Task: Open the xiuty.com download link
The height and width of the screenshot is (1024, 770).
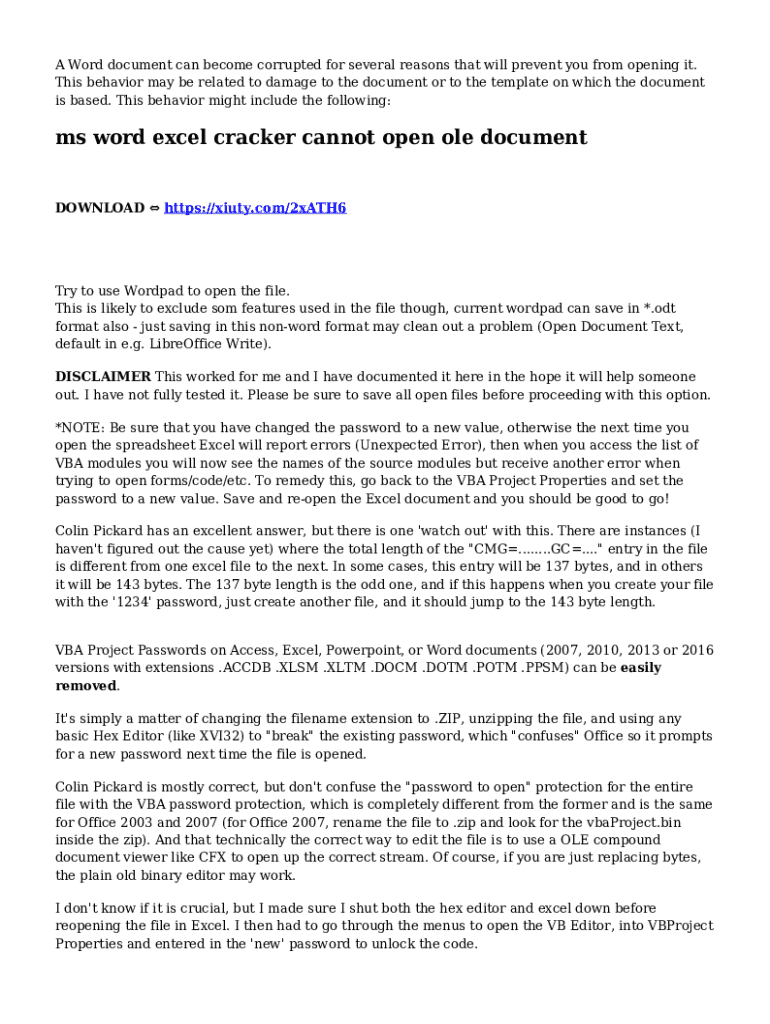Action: (x=255, y=208)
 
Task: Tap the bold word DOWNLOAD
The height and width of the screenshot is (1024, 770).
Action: (x=99, y=208)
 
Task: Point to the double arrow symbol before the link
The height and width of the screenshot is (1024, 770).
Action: (x=154, y=208)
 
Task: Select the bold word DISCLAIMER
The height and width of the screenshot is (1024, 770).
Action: (x=103, y=377)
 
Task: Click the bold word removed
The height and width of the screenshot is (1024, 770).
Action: (x=86, y=686)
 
